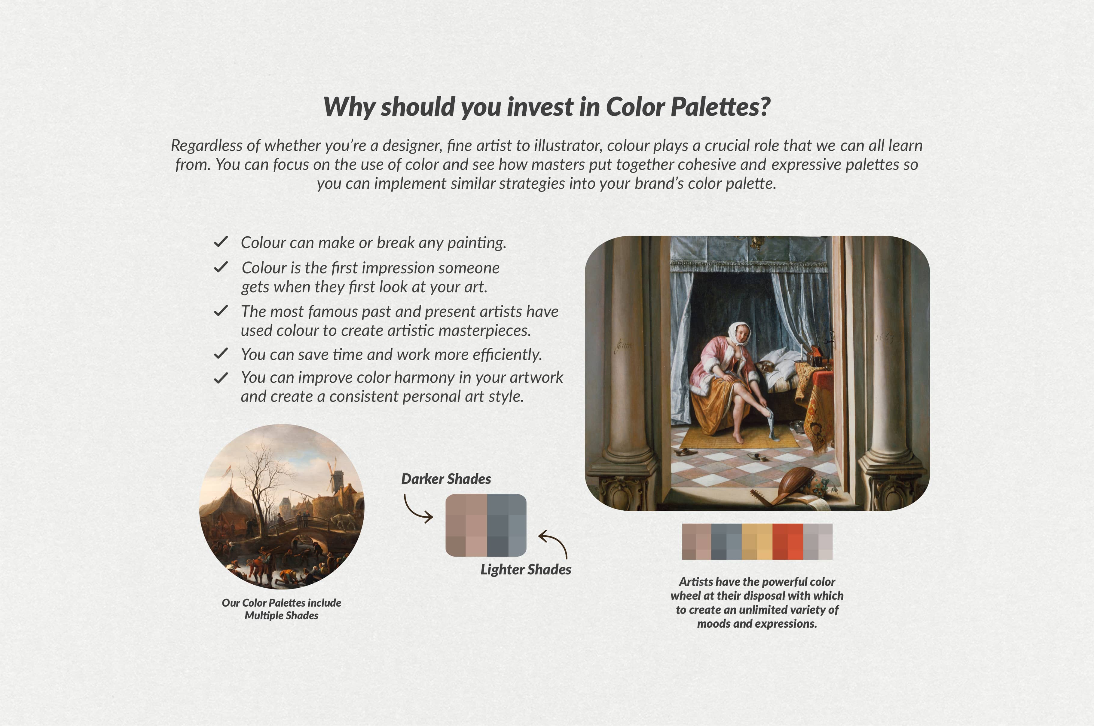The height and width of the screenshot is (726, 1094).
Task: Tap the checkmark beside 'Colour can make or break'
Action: click(x=221, y=242)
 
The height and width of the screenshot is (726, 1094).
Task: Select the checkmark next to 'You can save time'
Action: click(x=221, y=354)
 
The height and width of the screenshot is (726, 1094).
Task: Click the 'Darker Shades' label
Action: click(x=446, y=479)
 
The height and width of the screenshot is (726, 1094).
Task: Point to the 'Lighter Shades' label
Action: click(x=525, y=569)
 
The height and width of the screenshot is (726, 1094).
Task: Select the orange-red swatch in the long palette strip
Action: click(x=787, y=541)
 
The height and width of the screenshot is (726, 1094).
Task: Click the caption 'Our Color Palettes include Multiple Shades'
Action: click(x=281, y=609)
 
